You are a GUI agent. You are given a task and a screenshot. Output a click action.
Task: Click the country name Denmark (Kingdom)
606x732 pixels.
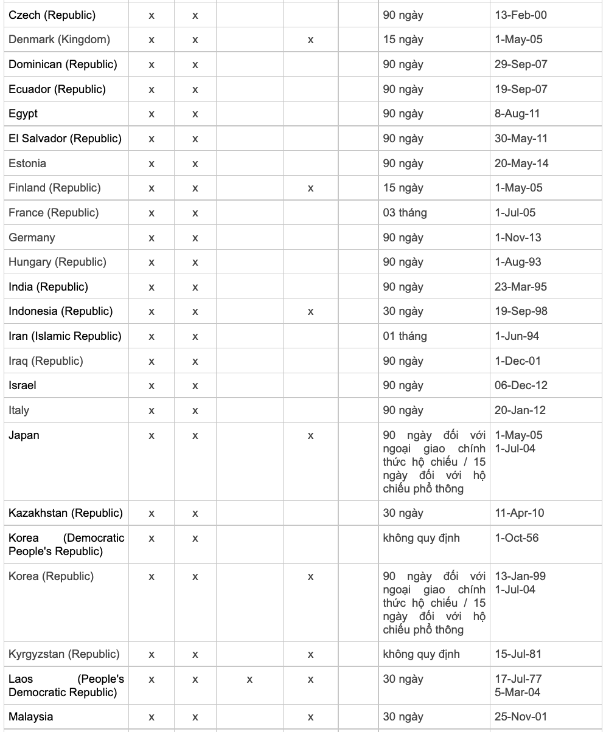(x=60, y=40)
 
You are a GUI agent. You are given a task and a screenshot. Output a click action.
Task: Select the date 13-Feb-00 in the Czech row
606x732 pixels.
(x=520, y=15)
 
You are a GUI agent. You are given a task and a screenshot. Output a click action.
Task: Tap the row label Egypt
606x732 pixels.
(x=23, y=114)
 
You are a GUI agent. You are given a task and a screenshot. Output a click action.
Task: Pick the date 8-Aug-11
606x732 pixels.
(x=517, y=114)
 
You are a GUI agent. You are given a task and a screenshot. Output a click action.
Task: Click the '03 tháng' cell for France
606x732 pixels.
(x=405, y=213)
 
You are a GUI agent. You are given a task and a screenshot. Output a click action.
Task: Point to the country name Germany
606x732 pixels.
(x=32, y=238)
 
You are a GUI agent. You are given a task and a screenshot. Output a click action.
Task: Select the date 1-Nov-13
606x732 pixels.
(x=518, y=238)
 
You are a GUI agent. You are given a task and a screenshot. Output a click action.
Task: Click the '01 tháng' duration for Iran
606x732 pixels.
(x=405, y=336)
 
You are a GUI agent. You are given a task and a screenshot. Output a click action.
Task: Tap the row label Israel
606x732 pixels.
(x=23, y=385)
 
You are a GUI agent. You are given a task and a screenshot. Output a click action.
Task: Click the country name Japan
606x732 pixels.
(x=24, y=435)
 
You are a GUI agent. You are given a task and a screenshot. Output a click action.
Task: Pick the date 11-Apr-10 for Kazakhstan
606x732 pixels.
(x=520, y=513)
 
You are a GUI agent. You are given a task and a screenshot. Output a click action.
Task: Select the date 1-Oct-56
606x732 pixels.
(x=517, y=538)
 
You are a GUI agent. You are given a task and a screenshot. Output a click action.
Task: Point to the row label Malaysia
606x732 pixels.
(x=31, y=717)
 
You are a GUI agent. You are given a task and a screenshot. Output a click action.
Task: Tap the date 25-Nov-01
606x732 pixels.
(x=521, y=717)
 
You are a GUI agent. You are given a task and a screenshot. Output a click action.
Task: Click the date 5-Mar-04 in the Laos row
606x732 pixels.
(x=517, y=692)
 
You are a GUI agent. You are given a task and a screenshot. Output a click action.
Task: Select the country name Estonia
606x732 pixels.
(x=27, y=164)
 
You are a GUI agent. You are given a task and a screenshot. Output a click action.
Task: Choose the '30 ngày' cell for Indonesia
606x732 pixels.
(x=403, y=311)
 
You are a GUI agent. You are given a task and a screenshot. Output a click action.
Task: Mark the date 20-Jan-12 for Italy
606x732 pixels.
(x=520, y=410)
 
